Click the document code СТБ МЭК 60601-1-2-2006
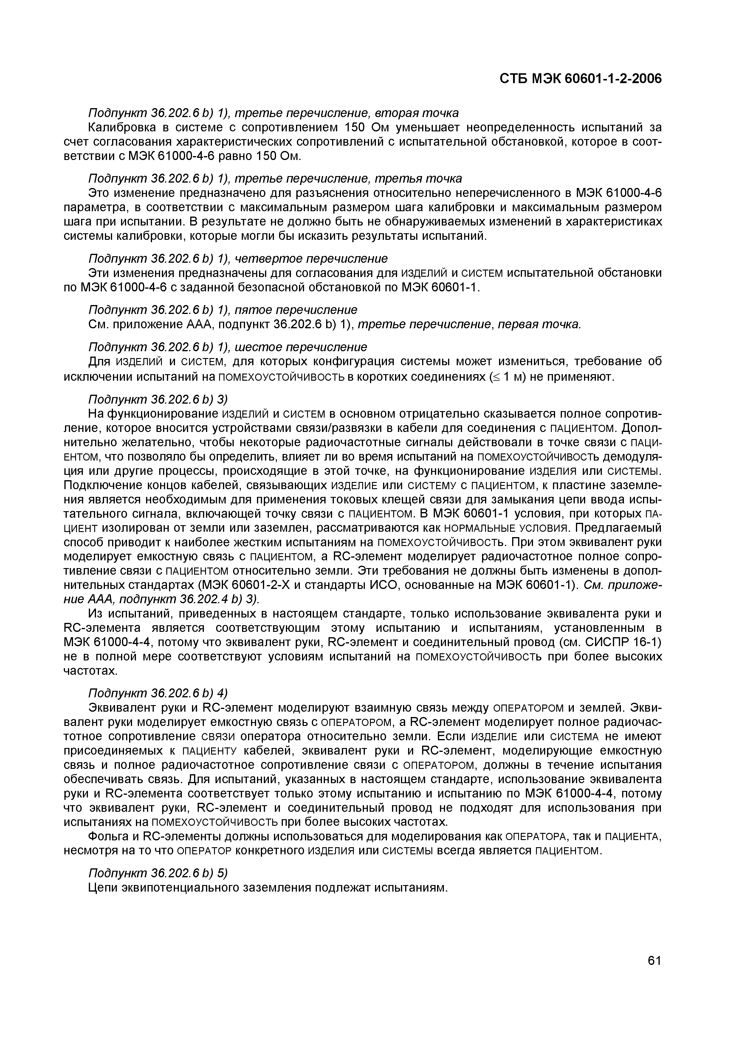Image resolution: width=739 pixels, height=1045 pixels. [580, 79]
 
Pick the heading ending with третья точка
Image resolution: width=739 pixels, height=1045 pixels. [275, 178]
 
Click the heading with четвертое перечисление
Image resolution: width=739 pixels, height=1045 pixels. [238, 259]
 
